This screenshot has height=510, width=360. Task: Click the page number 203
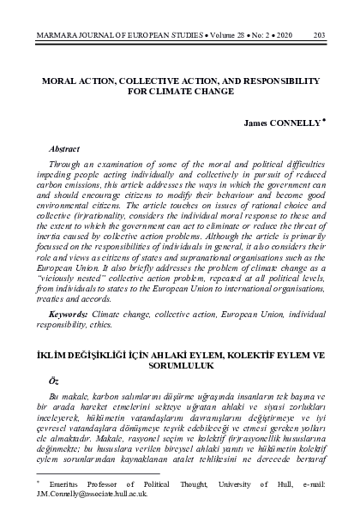coord(318,35)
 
